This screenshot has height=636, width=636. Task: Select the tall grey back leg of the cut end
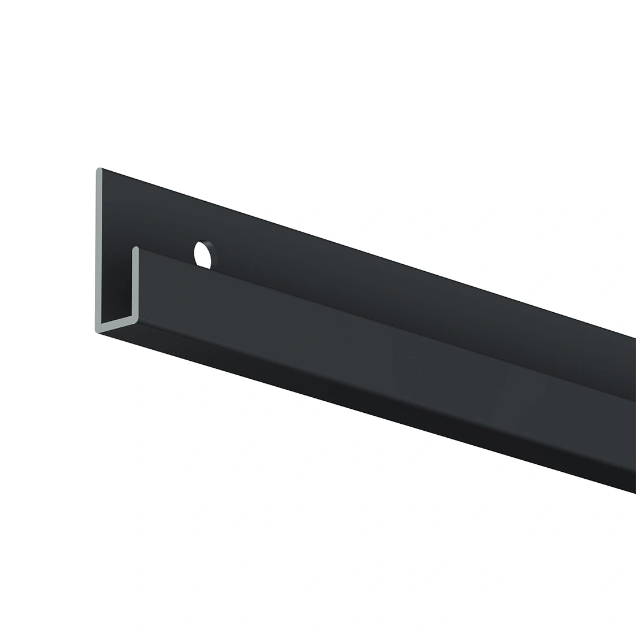(x=99, y=249)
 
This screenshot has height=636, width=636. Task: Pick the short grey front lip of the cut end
(x=136, y=283)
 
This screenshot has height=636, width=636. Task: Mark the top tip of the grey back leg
(x=99, y=171)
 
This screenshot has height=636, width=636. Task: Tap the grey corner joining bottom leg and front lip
(x=135, y=319)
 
